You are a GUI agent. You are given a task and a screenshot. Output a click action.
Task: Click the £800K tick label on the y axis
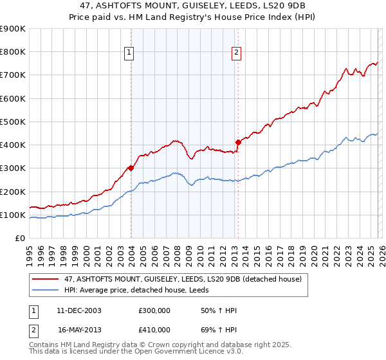point(13,52)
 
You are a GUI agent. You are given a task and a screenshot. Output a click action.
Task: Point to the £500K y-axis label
point(13,122)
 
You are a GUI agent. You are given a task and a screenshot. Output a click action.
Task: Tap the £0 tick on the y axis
point(19,239)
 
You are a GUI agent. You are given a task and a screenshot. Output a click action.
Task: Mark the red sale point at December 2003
point(131,168)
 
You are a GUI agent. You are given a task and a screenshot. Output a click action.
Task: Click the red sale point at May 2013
point(238,142)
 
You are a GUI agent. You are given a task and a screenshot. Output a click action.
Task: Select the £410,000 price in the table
point(154,329)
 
